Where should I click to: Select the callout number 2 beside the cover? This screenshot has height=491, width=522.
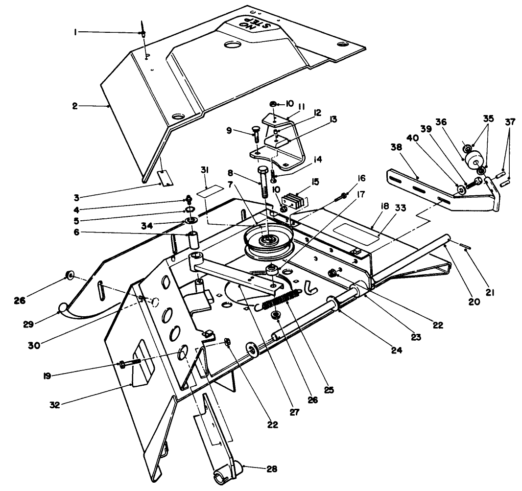click(75, 105)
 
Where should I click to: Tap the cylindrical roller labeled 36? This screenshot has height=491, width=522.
click(474, 160)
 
